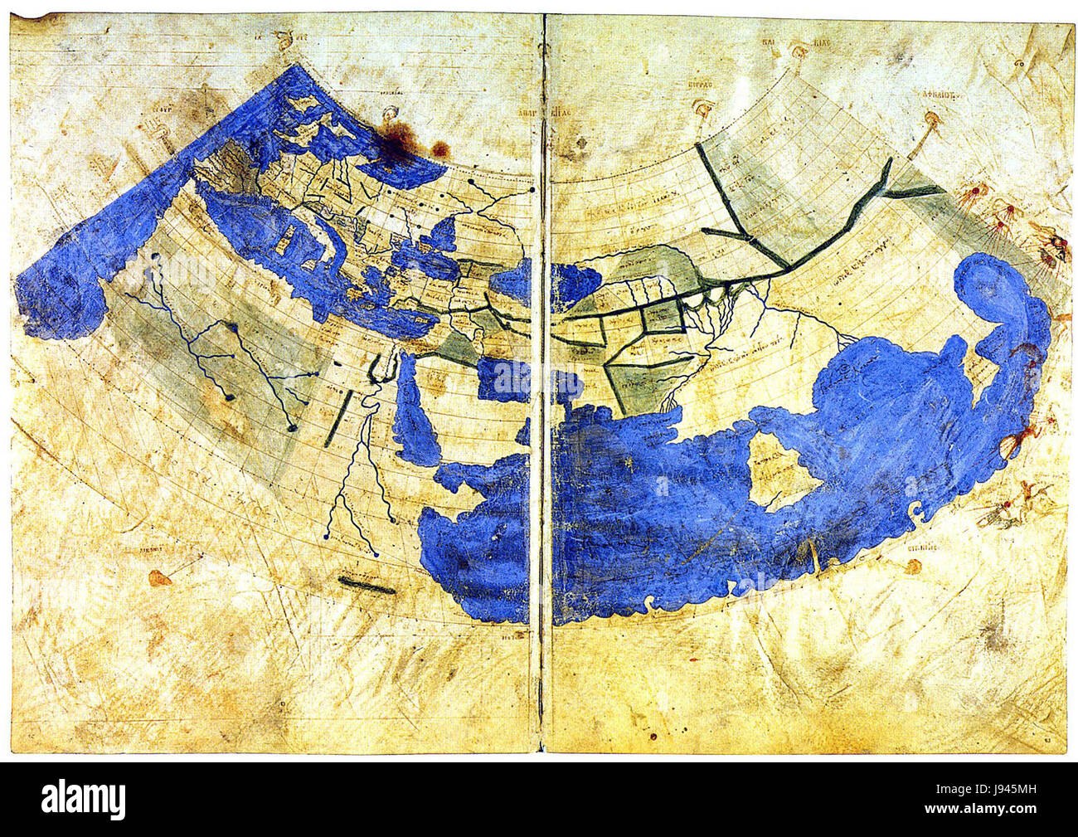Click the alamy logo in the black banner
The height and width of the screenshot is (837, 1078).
click(84, 800)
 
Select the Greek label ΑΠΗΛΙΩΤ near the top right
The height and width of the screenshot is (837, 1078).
click(934, 95)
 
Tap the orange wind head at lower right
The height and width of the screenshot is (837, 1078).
click(913, 567)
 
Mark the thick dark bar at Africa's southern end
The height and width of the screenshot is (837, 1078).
click(367, 586)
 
